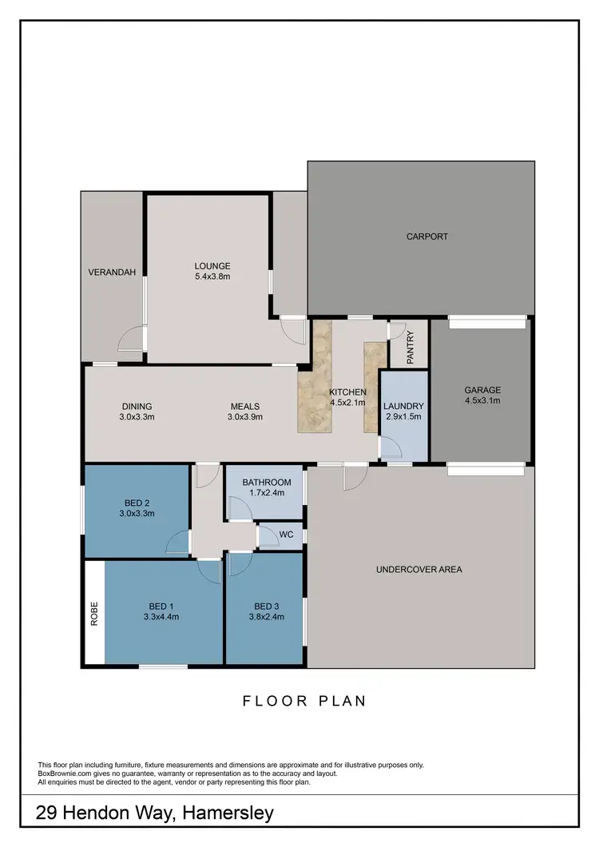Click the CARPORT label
pos(426,237)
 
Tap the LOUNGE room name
pos(212,266)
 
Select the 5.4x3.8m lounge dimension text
pos(212,277)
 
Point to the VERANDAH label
pos(112,272)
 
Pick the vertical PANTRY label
pos(410,348)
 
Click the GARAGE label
pos(482,390)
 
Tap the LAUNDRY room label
pos(403,406)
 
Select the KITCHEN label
pos(348,392)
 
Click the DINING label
pos(137,406)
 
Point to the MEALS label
pos(245,406)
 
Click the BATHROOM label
pos(267,483)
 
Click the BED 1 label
pos(161,605)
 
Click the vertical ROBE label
pos(94,613)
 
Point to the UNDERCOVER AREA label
pos(419,570)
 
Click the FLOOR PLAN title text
pos(304,702)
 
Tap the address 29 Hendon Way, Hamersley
pos(155,813)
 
